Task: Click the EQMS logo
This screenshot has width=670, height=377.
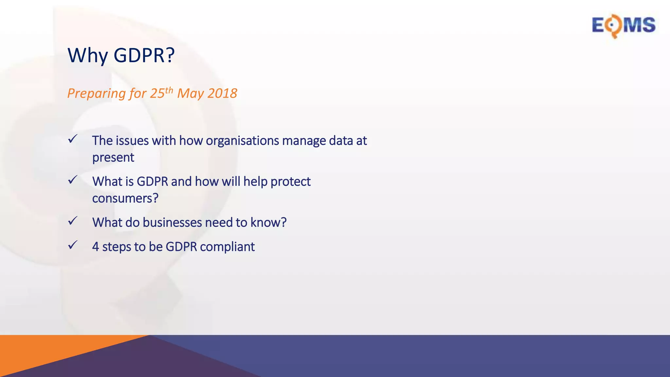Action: (624, 26)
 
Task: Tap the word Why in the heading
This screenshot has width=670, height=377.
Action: (88, 56)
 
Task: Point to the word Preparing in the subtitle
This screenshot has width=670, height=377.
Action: (97, 94)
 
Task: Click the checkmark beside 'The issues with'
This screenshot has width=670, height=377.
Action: (73, 139)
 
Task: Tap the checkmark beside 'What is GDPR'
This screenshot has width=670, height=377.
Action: (73, 180)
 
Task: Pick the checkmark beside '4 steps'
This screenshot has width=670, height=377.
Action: (73, 245)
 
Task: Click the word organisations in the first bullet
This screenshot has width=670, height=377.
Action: (242, 141)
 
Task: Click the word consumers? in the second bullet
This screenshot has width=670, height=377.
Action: (125, 199)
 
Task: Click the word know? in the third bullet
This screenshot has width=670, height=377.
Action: (268, 223)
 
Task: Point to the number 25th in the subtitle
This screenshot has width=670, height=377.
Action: (161, 93)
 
